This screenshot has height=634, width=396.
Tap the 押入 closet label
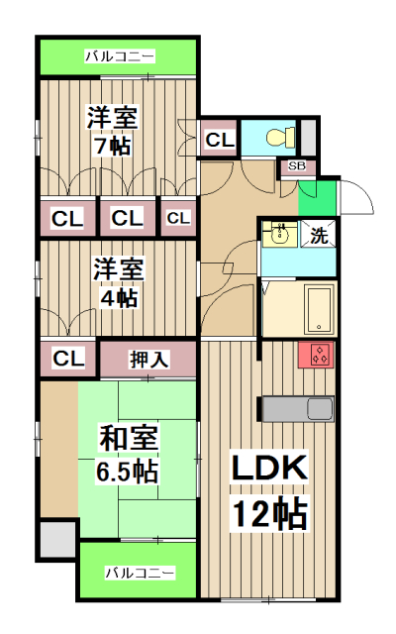point(148,359)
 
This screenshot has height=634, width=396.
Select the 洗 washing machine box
point(319,235)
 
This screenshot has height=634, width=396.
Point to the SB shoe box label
point(296,166)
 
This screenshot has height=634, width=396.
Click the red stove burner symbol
point(318,355)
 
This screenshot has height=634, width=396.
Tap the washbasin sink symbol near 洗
point(279,234)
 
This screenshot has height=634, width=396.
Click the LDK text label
point(270,471)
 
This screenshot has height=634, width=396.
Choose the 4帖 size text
point(117,297)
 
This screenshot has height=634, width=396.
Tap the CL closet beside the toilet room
point(219,141)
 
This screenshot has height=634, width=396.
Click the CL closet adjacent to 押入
point(67,358)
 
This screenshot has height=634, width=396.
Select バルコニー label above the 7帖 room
point(118,56)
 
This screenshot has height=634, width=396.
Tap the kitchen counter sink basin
point(321,408)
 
